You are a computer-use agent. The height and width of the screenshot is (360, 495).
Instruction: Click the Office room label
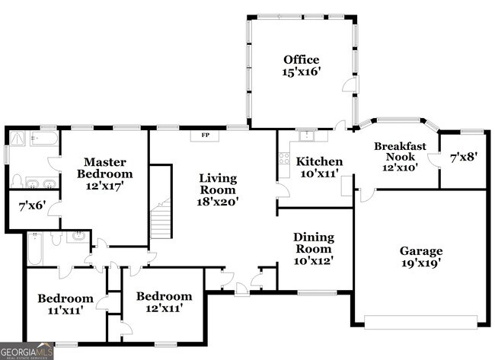[x=301, y=59]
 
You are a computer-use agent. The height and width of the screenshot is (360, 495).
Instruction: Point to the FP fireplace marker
[x=205, y=135]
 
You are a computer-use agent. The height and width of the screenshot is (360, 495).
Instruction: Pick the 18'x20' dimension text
[x=218, y=202]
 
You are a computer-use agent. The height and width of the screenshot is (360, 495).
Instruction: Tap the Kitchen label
[x=319, y=161]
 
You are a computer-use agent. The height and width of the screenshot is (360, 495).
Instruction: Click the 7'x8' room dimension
[x=463, y=158]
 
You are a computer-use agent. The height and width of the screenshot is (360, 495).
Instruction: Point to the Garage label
[x=421, y=250]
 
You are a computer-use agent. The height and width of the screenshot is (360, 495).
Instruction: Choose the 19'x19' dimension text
[x=421, y=263]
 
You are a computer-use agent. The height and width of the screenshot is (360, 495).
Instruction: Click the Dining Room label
[x=313, y=243]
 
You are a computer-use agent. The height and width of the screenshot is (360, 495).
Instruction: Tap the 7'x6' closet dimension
[x=32, y=205]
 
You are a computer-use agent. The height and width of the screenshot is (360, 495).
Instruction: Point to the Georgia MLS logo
[x=27, y=352]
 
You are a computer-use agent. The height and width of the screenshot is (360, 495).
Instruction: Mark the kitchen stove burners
[x=283, y=160]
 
